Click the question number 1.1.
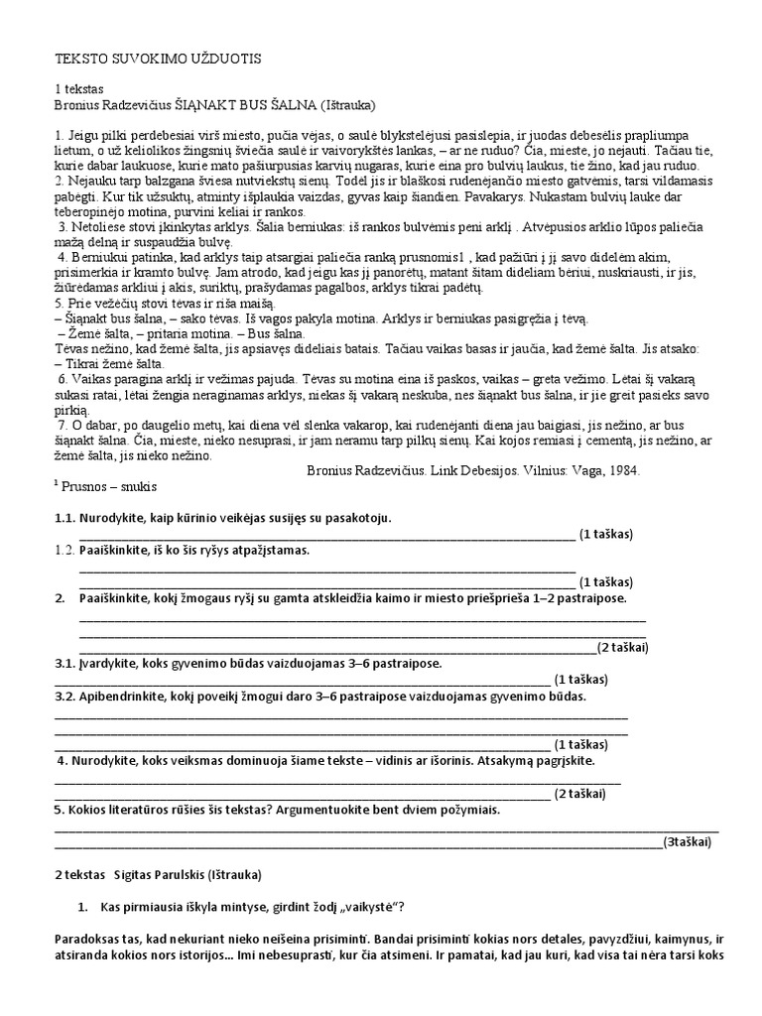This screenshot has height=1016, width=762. (63, 518)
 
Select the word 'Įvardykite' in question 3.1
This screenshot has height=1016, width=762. (113, 663)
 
